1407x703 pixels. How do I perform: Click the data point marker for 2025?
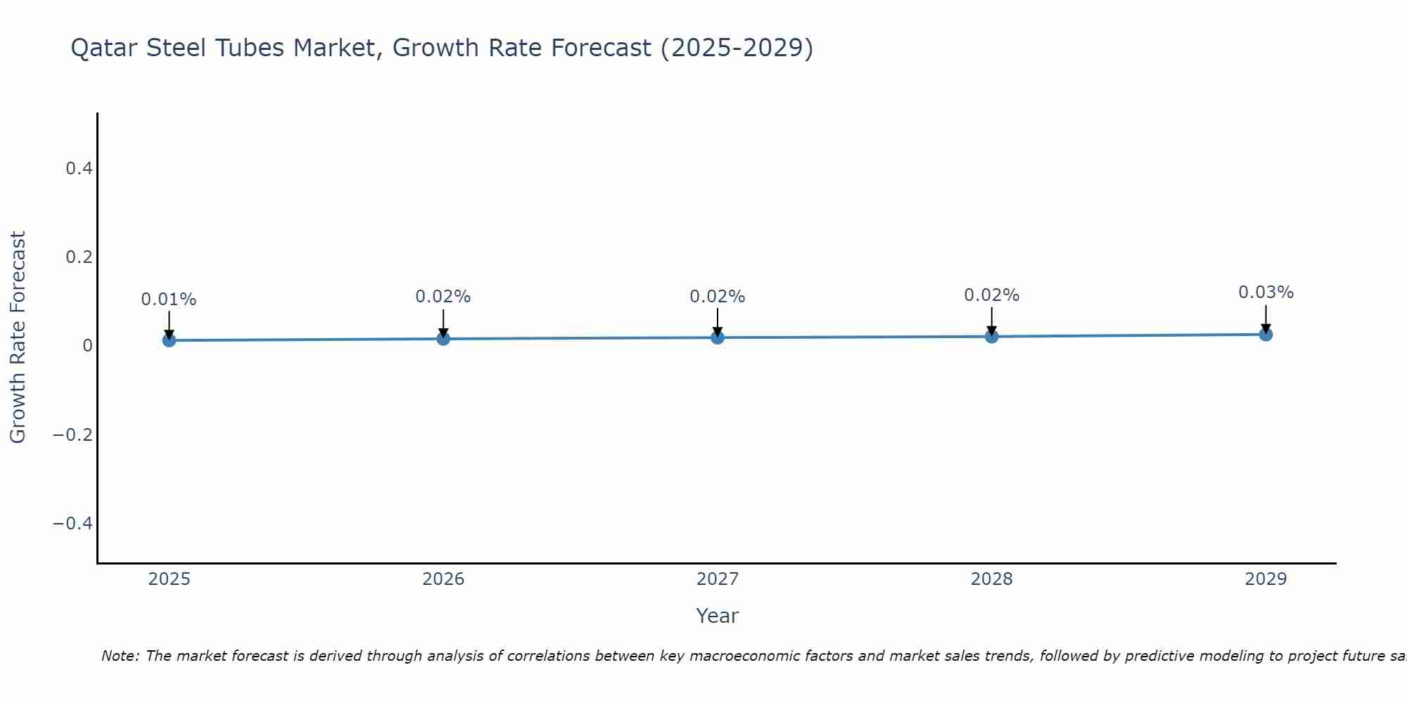[x=169, y=340]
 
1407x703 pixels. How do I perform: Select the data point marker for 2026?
[x=443, y=339]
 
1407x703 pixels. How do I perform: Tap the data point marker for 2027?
[x=718, y=337]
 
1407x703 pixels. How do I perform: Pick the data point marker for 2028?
[x=991, y=337]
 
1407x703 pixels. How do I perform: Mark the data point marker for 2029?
[x=1266, y=335]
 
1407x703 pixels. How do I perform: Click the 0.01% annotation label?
[x=169, y=299]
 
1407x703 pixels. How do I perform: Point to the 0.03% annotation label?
[x=1266, y=292]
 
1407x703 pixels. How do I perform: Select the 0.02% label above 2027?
[x=718, y=297]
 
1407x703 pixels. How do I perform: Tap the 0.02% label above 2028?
[x=991, y=295]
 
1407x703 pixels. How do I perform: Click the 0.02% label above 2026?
[x=443, y=297]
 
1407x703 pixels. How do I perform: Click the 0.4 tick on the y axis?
[x=79, y=169]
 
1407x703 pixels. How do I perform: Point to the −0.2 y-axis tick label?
[x=72, y=434]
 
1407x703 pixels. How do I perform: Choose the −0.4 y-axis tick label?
[x=72, y=523]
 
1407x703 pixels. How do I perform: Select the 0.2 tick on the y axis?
[x=79, y=257]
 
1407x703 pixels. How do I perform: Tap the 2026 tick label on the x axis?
[x=443, y=579]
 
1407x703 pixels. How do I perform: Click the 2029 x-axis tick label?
[x=1266, y=579]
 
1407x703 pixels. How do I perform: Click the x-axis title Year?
[x=717, y=616]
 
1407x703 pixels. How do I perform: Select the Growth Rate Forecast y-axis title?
[x=18, y=337]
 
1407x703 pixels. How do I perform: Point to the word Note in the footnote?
[x=120, y=656]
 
